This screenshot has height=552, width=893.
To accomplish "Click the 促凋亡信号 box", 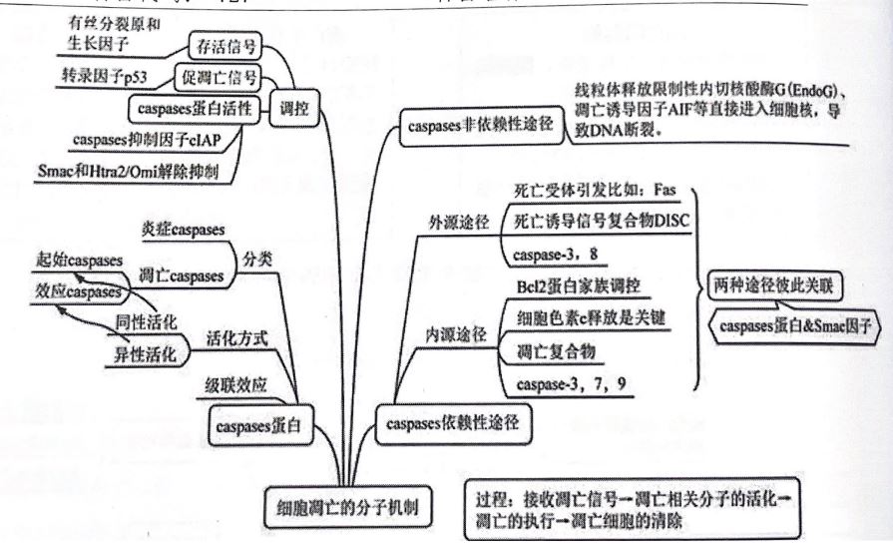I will click(218, 78).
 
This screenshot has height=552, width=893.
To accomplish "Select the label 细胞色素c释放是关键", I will click(580, 319).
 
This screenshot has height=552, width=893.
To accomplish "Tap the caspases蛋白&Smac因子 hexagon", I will click(792, 326).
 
